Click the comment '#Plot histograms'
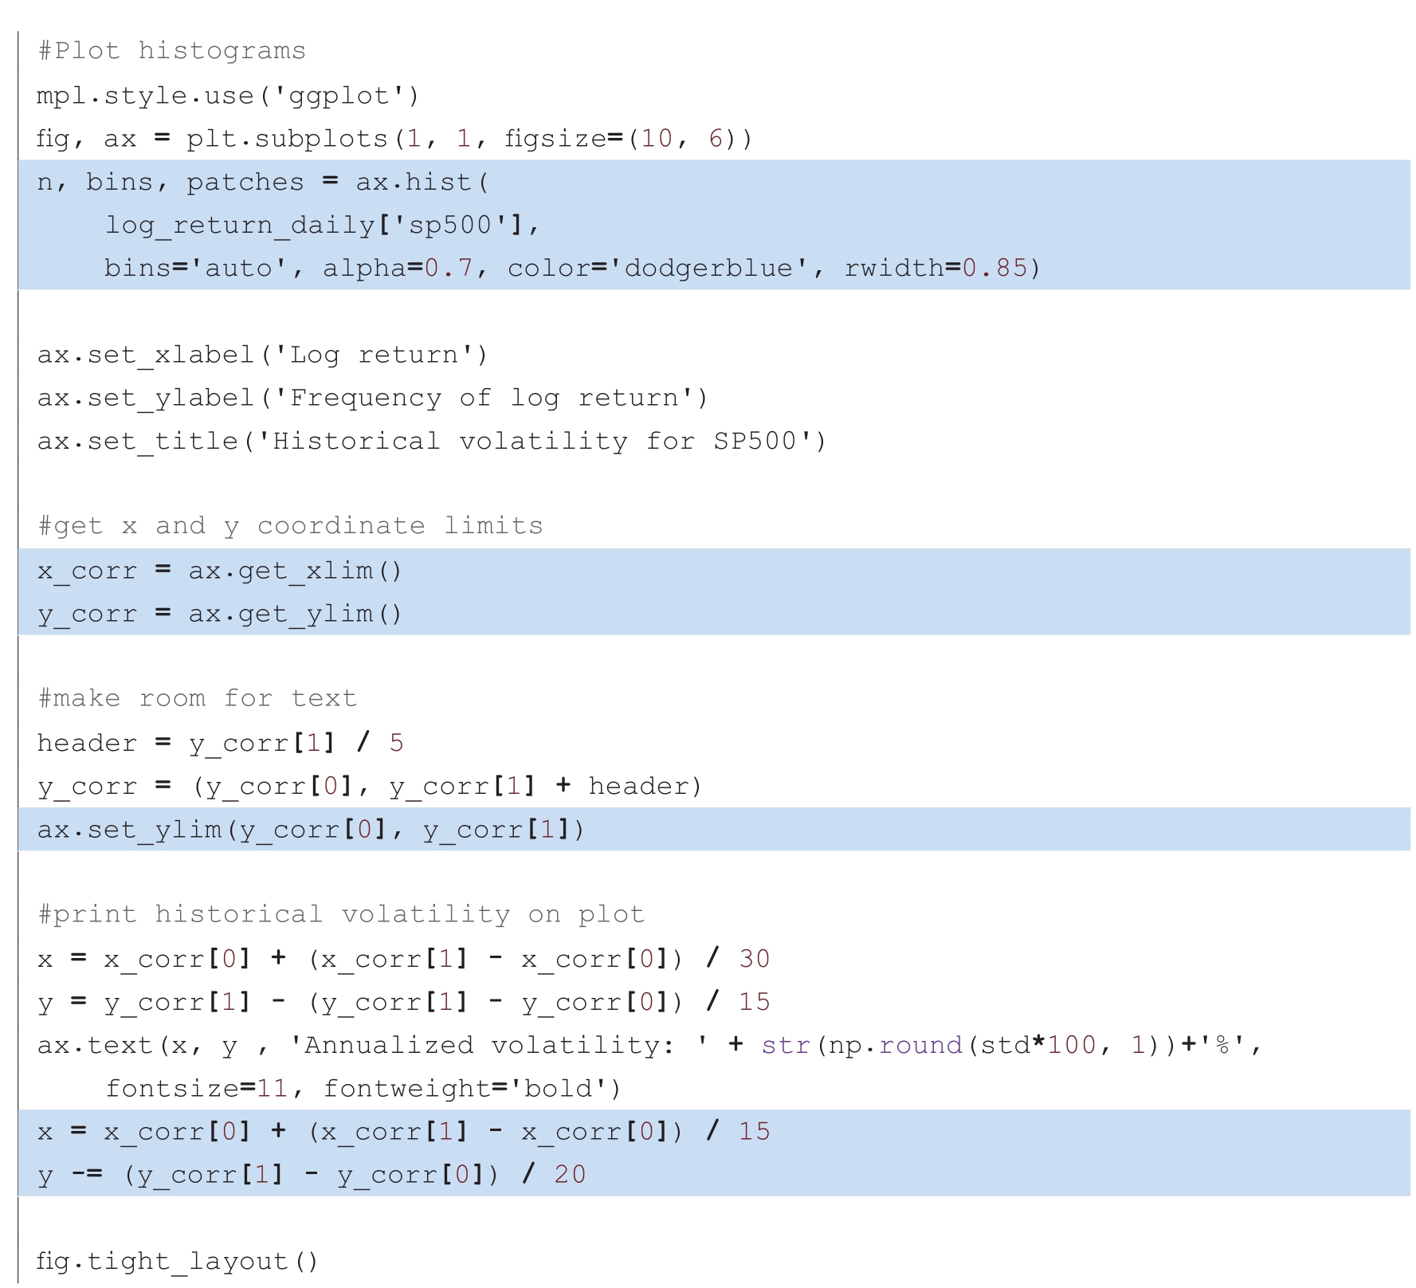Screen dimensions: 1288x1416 [x=171, y=52]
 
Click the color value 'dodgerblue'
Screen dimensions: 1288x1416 [x=708, y=269]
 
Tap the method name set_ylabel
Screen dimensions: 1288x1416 [x=171, y=398]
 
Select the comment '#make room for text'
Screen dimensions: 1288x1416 [x=197, y=699]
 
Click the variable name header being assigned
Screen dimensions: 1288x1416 [x=87, y=743]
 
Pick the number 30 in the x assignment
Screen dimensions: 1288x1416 [x=754, y=959]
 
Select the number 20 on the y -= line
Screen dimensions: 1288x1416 [x=570, y=1175]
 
